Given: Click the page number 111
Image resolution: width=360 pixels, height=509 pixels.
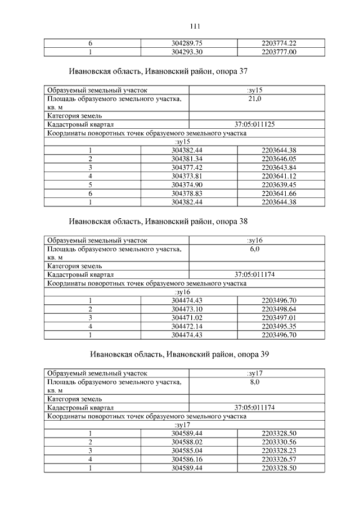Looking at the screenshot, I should pos(196,26).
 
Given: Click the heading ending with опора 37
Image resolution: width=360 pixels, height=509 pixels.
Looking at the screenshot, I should pos(158,73).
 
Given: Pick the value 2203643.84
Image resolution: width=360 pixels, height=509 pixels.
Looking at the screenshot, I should pos(279,168).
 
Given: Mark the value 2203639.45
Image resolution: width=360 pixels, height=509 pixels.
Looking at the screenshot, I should pos(279,185).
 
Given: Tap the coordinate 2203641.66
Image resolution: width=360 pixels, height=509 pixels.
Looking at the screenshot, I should pos(279,193).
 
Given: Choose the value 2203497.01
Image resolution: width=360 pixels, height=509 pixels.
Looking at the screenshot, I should pos(279,318).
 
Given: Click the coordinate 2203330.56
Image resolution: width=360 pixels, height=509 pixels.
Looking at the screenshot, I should pos(279,443).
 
